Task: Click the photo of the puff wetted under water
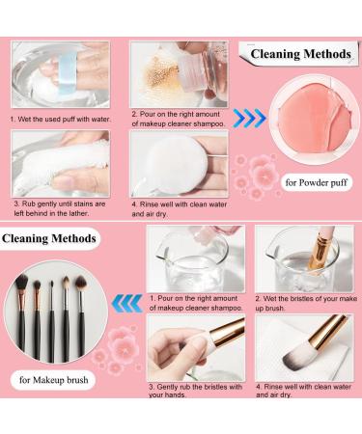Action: click(60, 74)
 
